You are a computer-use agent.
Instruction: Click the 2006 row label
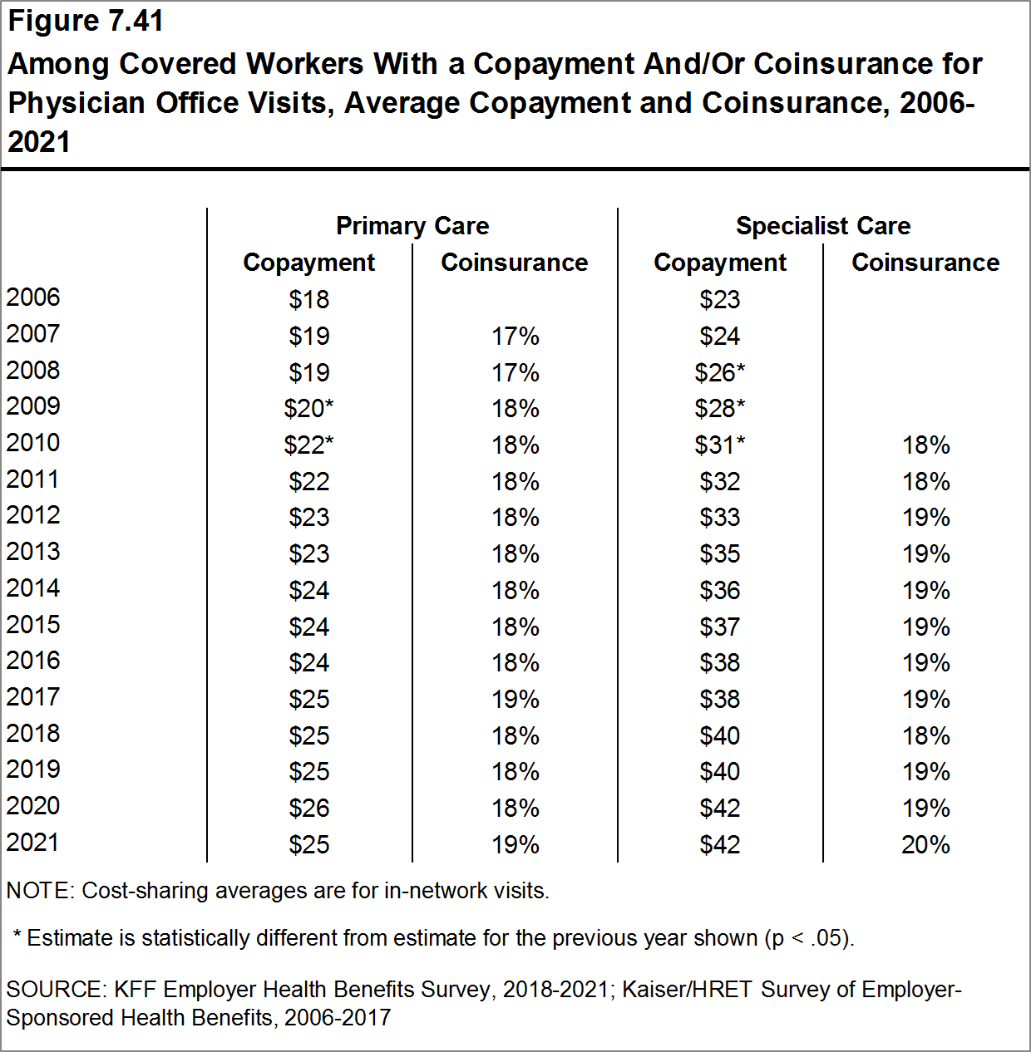tap(33, 297)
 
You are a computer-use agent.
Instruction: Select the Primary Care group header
tap(412, 226)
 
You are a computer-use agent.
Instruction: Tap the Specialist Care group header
tap(823, 226)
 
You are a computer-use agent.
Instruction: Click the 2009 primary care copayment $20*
tap(308, 409)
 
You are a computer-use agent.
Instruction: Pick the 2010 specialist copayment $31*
tap(720, 445)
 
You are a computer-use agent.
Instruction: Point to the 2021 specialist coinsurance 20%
tap(925, 845)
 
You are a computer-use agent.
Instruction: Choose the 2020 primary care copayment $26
tap(309, 809)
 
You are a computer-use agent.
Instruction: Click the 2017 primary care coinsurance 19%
tap(515, 700)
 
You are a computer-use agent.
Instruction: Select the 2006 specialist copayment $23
tap(720, 300)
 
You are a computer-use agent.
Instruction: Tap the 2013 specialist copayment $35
tap(720, 554)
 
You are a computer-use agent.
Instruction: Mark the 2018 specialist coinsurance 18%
tap(925, 736)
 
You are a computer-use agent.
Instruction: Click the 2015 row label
tap(33, 625)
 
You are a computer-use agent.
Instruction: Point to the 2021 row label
tap(33, 843)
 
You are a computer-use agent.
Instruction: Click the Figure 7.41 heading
tap(86, 22)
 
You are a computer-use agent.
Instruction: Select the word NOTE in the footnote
tap(39, 891)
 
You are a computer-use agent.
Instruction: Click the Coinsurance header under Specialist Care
tap(925, 263)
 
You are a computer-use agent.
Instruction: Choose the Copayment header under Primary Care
tap(309, 263)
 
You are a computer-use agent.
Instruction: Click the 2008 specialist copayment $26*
tap(720, 373)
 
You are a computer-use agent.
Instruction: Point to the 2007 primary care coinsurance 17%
tap(515, 337)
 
